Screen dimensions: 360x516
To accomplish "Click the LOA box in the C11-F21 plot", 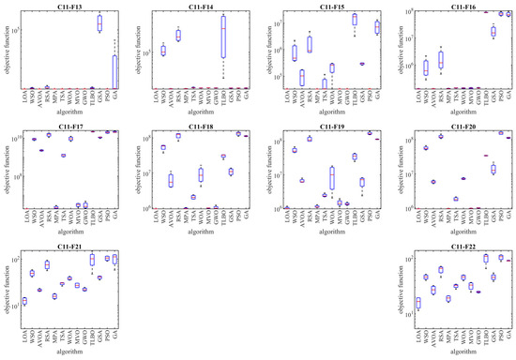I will (25, 301).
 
